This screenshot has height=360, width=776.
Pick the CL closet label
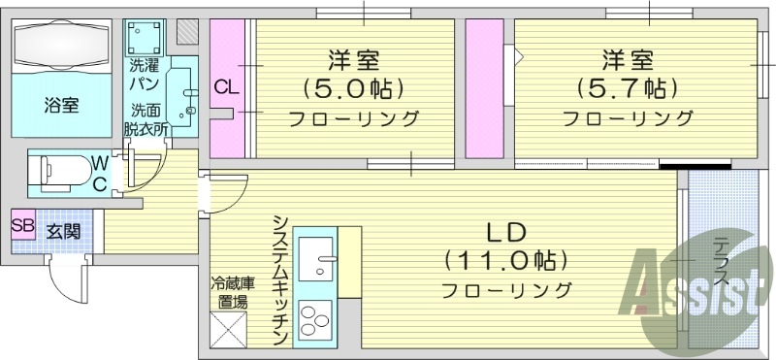pyautogui.click(x=225, y=88)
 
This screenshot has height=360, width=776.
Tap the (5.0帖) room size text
pyautogui.click(x=353, y=89)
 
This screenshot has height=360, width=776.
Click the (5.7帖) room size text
pyautogui.click(x=627, y=89)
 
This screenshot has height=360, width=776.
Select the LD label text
pyautogui.click(x=505, y=232)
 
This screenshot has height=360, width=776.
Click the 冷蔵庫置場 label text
pyautogui.click(x=232, y=292)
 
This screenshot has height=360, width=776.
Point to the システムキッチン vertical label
pyautogui.click(x=279, y=279)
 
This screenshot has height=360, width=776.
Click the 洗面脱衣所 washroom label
pyautogui.click(x=146, y=117)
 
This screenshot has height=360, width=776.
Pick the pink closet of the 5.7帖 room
pyautogui.click(x=483, y=88)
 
